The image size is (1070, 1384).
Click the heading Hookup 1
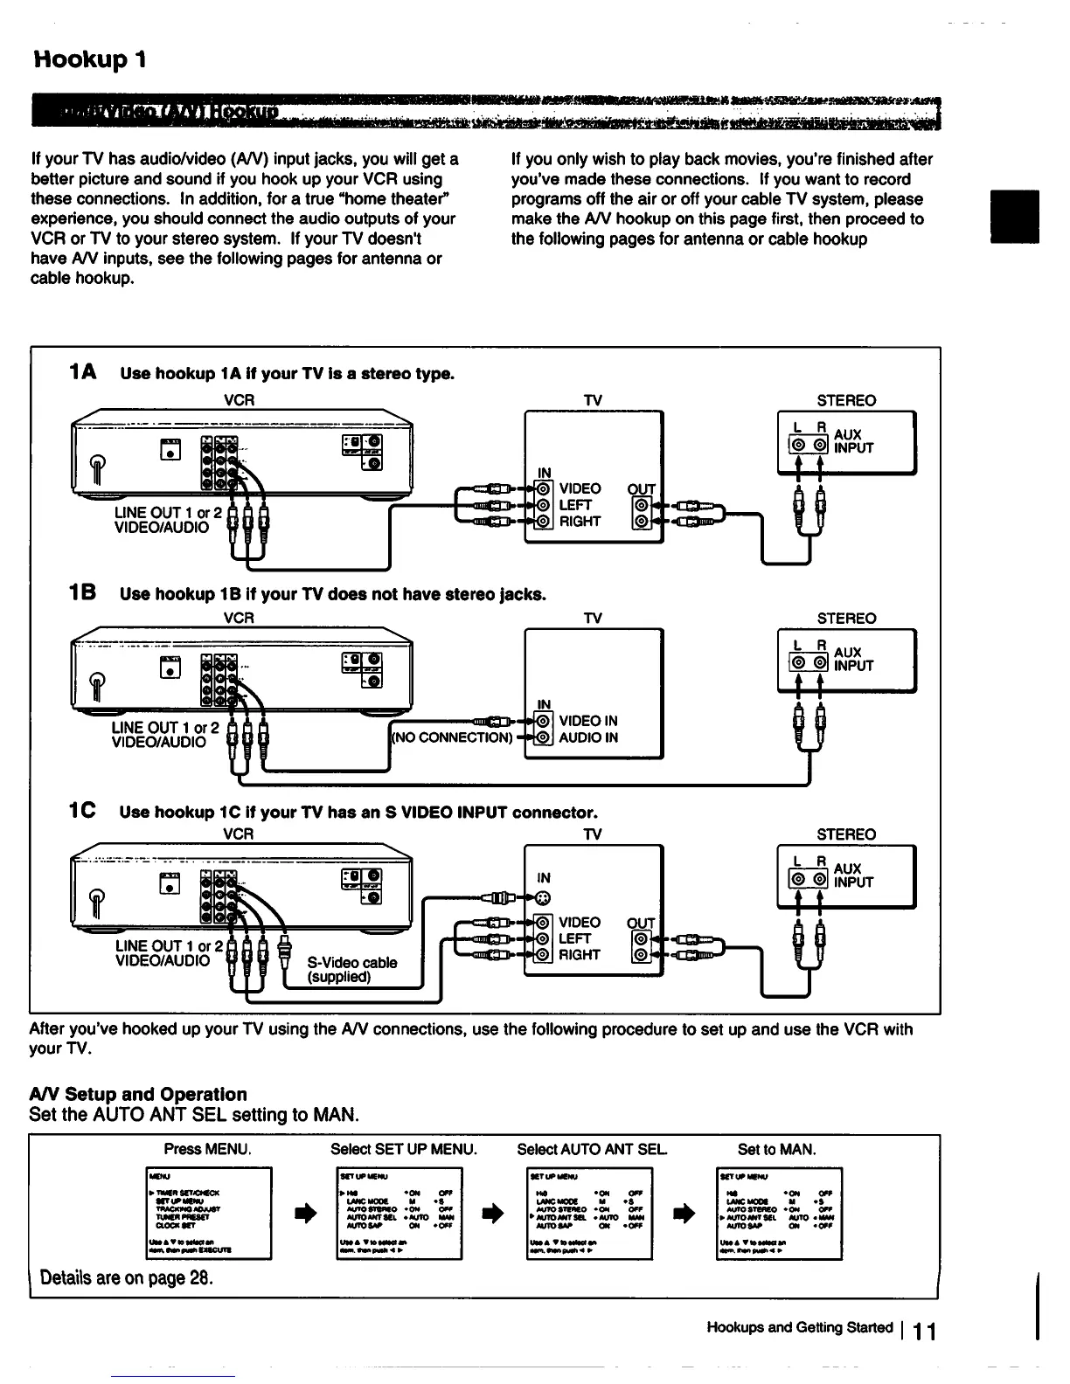click(x=89, y=59)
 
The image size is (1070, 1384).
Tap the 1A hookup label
click(x=82, y=373)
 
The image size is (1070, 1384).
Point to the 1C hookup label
click(x=83, y=812)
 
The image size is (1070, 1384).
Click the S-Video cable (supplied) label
click(x=352, y=969)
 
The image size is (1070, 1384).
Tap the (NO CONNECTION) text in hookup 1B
click(x=451, y=737)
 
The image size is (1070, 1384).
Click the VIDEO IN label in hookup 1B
click(x=588, y=721)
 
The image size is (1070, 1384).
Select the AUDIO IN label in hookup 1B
click(x=588, y=737)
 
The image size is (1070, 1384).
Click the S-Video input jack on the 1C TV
click(x=543, y=898)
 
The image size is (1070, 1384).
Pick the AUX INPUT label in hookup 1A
click(x=853, y=441)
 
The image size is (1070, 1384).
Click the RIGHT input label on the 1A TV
click(x=580, y=522)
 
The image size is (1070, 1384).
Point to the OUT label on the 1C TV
click(x=641, y=923)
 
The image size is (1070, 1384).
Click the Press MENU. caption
click(x=207, y=1149)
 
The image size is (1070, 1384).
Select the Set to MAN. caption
click(x=776, y=1149)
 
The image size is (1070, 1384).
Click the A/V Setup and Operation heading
click(x=138, y=1094)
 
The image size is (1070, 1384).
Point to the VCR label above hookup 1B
click(x=239, y=618)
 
